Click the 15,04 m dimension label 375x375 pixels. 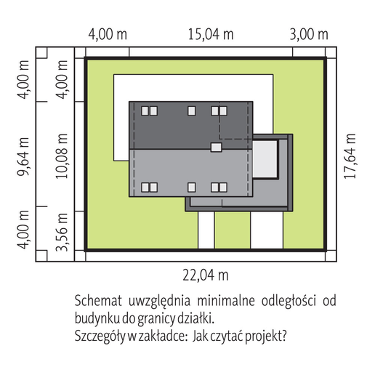click(211, 35)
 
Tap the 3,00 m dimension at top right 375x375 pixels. click(309, 35)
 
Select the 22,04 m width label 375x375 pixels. click(206, 275)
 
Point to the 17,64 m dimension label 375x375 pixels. click(350, 156)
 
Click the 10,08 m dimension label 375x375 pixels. click(62, 156)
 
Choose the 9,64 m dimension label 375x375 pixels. click(23, 156)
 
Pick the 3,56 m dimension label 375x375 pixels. click(62, 232)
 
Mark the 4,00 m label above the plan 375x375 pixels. click(108, 35)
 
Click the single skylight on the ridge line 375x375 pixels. click(216, 148)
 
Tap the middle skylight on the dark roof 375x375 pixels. click(192, 111)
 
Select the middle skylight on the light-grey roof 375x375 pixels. click(192, 187)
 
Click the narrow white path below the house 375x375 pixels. click(206, 230)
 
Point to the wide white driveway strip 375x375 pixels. click(267, 230)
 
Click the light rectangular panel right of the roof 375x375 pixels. click(265, 159)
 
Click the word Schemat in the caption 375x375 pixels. click(98, 301)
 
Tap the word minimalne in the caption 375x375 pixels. click(226, 301)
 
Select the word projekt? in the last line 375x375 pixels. click(266, 336)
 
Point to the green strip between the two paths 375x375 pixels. click(233, 230)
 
